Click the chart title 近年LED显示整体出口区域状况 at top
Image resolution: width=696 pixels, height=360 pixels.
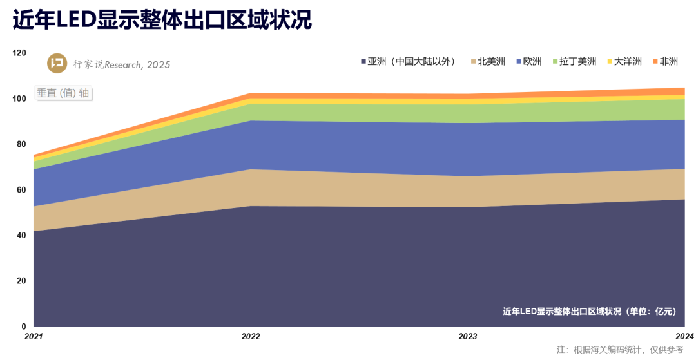click(162, 21)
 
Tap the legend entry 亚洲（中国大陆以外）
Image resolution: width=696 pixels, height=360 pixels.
click(409, 62)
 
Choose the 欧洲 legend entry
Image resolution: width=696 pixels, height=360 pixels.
click(529, 62)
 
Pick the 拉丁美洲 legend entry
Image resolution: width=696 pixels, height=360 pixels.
click(575, 62)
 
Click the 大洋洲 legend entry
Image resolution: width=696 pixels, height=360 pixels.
click(624, 62)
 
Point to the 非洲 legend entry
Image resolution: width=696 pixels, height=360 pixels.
click(666, 62)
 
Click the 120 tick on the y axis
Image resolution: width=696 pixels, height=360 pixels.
click(19, 53)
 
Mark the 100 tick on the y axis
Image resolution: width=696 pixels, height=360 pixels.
click(19, 99)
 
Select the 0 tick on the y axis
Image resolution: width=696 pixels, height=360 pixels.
click(24, 327)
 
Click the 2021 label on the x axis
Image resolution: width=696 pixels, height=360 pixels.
click(34, 336)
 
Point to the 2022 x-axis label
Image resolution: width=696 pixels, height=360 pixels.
click(251, 336)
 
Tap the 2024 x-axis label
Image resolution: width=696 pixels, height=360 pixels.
click(684, 336)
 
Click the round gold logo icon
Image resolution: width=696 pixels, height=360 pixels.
click(58, 64)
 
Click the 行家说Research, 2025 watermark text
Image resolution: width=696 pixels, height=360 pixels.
click(122, 64)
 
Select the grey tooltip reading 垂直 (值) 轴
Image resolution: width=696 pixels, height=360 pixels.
click(63, 93)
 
